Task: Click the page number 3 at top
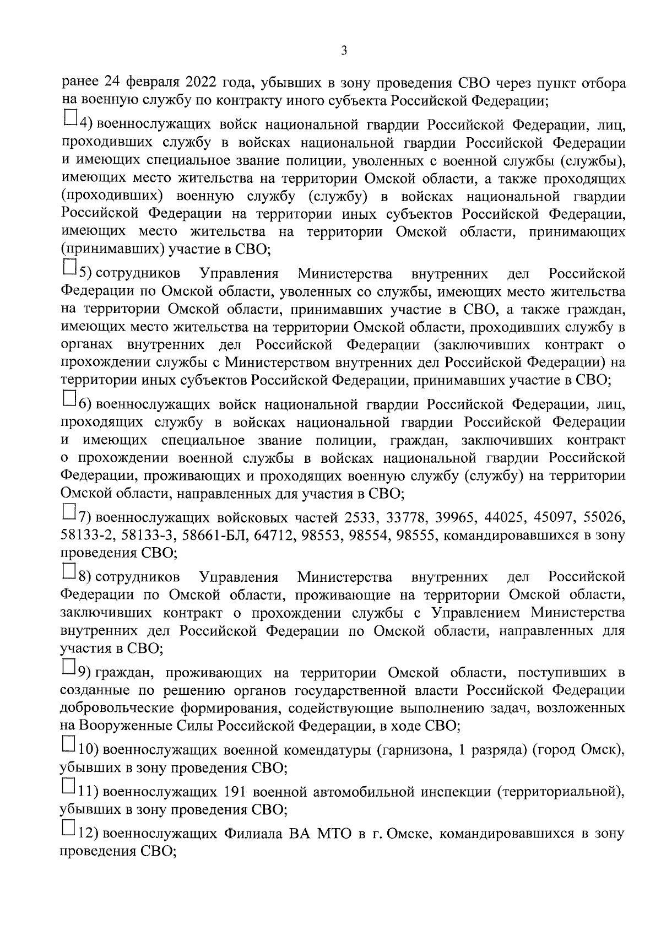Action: [344, 51]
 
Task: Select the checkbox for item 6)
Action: [69, 397]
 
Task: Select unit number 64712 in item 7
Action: [275, 536]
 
